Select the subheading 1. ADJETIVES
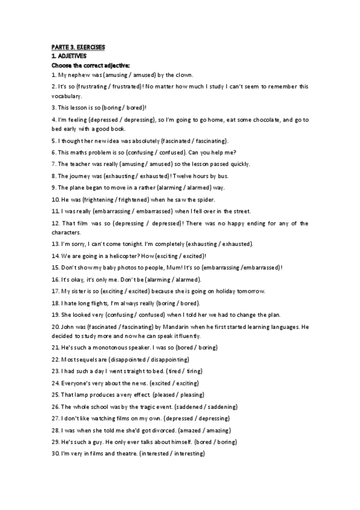[x=69, y=55]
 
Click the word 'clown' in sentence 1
[x=183, y=75]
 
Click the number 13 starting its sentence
[x=55, y=244]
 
